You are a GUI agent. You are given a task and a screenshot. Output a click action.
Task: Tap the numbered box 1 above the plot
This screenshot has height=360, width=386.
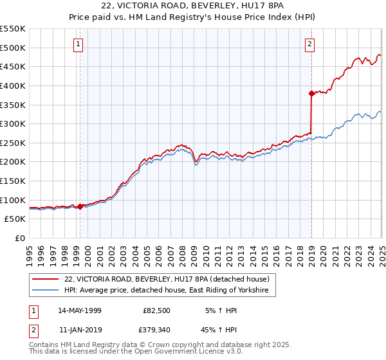(78, 44)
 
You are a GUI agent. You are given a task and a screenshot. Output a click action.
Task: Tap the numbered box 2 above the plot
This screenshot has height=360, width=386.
(309, 44)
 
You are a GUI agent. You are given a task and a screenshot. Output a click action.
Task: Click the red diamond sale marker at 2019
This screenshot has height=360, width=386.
(311, 93)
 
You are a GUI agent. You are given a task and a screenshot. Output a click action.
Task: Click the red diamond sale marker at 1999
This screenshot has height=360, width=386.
(80, 206)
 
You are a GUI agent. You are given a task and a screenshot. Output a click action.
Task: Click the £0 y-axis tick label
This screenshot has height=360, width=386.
(19, 238)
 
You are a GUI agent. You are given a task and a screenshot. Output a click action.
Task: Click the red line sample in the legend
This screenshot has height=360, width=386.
(46, 279)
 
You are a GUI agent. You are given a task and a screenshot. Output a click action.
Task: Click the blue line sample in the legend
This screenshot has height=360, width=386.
(46, 291)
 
